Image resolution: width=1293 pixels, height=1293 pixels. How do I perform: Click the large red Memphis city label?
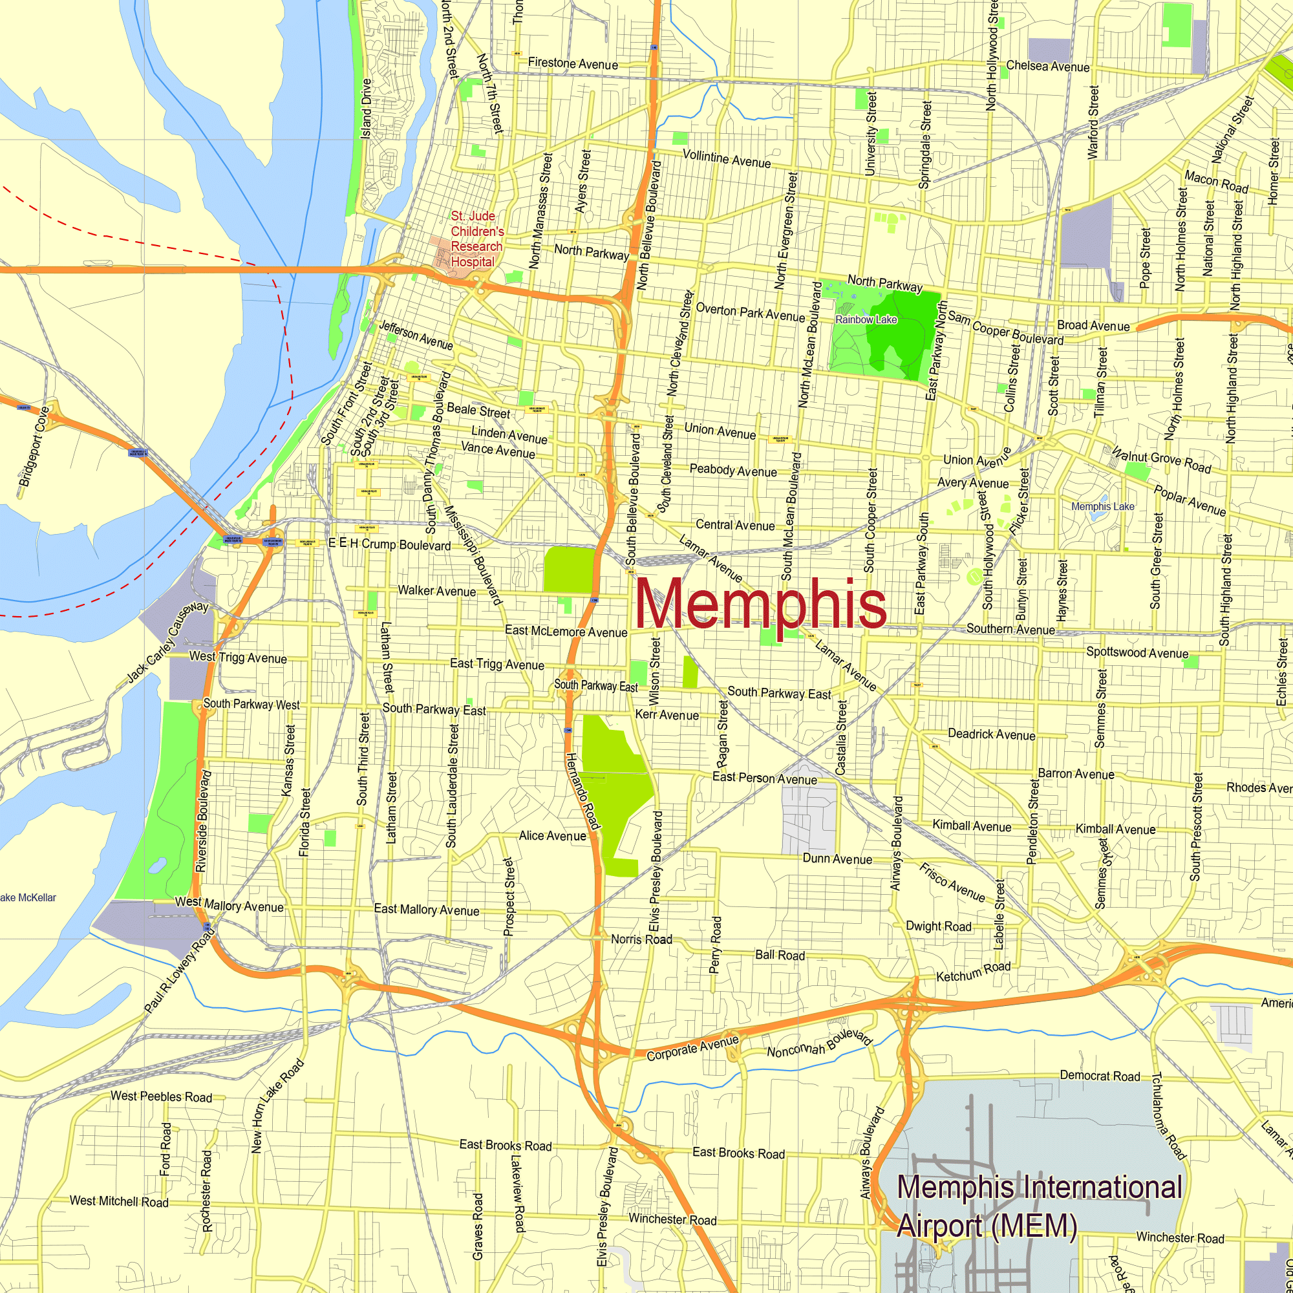760,604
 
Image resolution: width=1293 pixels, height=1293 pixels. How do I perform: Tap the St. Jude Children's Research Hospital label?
476,239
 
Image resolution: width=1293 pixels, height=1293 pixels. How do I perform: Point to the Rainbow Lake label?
866,320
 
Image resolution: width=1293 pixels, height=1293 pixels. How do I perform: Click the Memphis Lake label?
1102,507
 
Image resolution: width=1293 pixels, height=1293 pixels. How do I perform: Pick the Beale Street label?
478,411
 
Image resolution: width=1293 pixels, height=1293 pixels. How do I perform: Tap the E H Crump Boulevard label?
389,544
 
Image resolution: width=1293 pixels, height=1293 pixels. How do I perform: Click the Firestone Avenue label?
573,64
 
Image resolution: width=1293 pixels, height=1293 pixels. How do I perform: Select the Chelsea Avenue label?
1047,66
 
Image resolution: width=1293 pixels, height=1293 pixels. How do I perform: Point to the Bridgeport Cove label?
34,446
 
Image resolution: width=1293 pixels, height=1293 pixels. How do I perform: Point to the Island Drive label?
366,109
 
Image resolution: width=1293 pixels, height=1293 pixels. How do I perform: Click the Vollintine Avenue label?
726,158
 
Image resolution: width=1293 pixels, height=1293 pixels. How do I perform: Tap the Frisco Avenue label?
952,882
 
